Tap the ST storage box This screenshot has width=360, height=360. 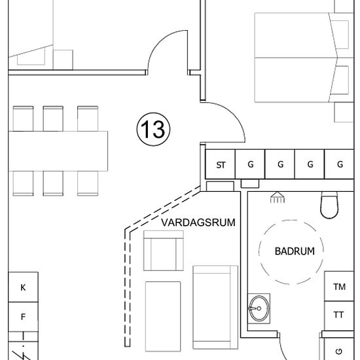point(221,165)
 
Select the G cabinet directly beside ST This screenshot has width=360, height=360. point(250,165)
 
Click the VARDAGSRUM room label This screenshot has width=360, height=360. point(198,223)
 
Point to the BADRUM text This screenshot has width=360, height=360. point(295,251)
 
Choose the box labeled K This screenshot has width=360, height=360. point(23,287)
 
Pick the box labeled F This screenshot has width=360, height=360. point(23,317)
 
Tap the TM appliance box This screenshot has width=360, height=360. point(338,287)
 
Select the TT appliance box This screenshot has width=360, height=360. point(338,315)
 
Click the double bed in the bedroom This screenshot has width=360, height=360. point(295,58)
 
